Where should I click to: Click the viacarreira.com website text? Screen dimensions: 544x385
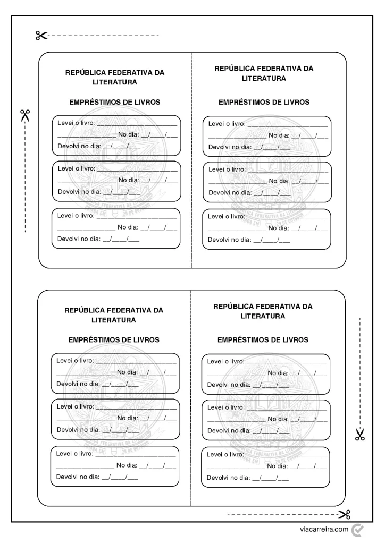coord(324,529)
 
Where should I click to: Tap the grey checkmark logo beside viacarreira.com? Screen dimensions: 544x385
coord(357,529)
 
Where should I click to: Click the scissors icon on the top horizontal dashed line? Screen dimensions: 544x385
coord(41,36)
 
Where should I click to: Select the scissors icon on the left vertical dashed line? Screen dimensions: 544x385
coord(25,115)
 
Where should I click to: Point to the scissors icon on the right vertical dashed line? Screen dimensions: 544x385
coord(360,435)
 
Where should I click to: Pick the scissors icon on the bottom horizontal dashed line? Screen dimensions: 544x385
coord(345,514)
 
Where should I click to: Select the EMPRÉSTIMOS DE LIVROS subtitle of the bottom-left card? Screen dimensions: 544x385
coord(114,339)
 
